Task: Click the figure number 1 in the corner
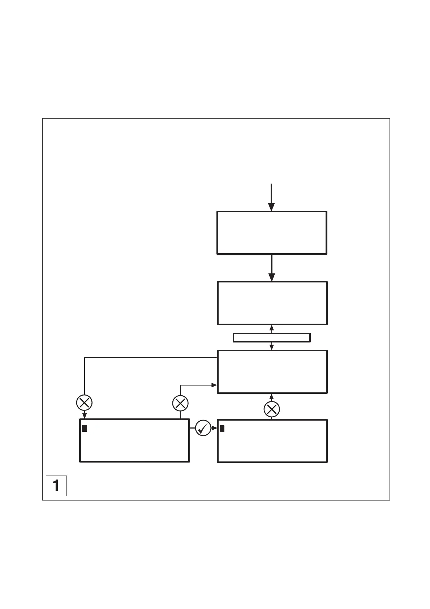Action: point(56,485)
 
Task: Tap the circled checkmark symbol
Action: point(203,428)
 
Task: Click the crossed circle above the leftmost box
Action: point(84,403)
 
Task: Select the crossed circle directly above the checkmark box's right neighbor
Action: point(272,409)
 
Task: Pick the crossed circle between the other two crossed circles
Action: point(180,403)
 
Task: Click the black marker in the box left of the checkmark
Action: point(85,429)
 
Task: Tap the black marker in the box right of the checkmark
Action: point(222,429)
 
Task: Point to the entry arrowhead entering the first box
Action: point(271,207)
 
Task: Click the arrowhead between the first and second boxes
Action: point(272,277)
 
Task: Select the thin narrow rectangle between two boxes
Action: point(272,337)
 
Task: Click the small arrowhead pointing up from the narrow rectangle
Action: point(272,328)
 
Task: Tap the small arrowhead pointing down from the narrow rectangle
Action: point(272,348)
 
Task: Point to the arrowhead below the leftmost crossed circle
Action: point(84,416)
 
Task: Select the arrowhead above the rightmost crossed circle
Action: point(272,396)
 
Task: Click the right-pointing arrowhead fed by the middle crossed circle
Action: point(214,386)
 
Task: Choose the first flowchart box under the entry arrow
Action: point(272,233)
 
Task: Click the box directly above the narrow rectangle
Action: point(272,303)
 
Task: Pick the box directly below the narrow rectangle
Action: point(272,371)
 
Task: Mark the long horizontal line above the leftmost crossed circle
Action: point(150,358)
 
